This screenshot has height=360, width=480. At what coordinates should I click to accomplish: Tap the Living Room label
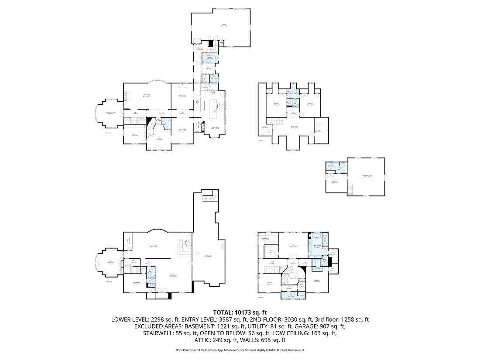[x=146, y=95]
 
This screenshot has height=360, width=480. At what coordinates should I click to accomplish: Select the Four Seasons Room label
[x=112, y=113]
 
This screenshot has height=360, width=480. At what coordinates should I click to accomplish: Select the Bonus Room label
[x=294, y=127]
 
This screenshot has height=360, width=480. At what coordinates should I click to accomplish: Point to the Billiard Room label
[x=173, y=275]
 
